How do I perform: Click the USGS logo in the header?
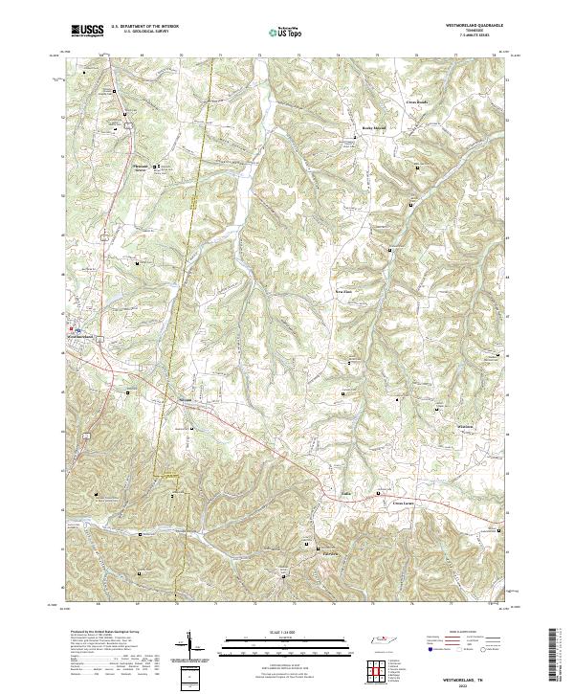click(x=88, y=31)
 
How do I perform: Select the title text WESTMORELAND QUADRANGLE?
click(x=470, y=24)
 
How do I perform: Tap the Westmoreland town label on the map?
click(x=83, y=338)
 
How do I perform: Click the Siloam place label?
click(x=186, y=399)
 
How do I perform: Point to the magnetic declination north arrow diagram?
click(x=189, y=646)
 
